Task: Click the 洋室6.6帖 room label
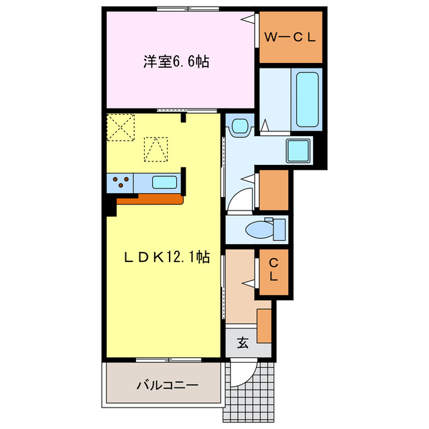(175, 62)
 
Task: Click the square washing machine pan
(298, 150)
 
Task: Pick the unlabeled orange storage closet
(273, 190)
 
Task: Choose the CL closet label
(274, 271)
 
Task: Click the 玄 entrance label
(243, 343)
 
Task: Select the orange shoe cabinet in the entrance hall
(265, 326)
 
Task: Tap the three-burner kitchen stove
(120, 182)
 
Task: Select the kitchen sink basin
(164, 182)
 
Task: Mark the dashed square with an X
(121, 127)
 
